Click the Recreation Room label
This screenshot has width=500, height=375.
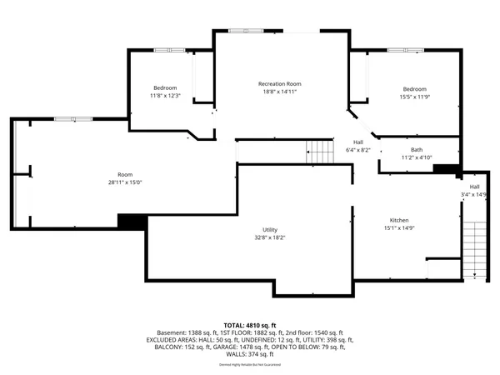(279, 84)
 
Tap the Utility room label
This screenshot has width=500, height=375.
(269, 229)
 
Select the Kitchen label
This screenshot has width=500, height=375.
(397, 220)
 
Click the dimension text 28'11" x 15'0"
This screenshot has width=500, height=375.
(125, 182)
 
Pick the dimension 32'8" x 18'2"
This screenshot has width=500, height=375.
(269, 237)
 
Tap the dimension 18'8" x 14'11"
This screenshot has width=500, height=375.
(279, 92)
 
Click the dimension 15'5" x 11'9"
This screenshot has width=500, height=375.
(414, 97)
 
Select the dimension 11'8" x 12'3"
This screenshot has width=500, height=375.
(165, 96)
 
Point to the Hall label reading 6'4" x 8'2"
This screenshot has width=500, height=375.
(358, 150)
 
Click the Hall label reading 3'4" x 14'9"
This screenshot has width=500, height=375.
(474, 195)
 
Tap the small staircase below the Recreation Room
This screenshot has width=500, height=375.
(320, 152)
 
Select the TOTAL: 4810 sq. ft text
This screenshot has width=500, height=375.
(250, 324)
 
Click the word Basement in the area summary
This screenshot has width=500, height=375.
(157, 332)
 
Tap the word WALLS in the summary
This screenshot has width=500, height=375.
(237, 354)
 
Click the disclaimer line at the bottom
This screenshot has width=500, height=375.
(249, 365)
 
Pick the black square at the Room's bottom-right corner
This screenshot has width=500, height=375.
(132, 222)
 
